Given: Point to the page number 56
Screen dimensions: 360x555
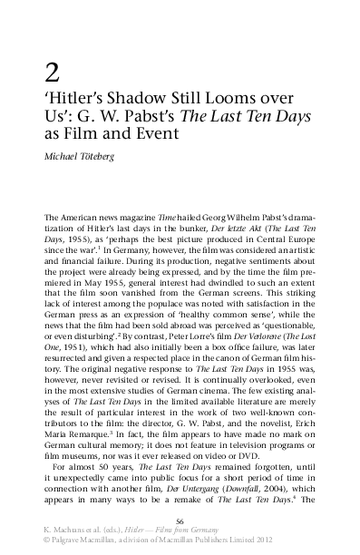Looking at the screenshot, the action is click(180, 521).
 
